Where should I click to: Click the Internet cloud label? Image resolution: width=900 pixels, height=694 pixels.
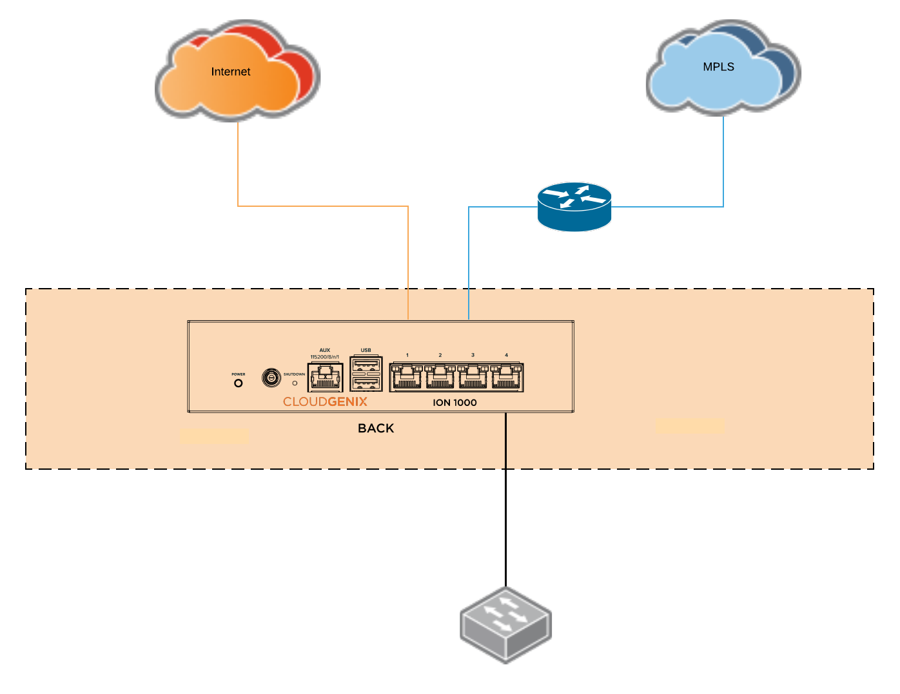click(x=230, y=72)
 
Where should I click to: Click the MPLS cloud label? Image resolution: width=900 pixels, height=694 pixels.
click(x=718, y=67)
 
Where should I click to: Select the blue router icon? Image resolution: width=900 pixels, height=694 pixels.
click(x=574, y=206)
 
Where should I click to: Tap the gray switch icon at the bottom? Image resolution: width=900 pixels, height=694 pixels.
click(x=506, y=624)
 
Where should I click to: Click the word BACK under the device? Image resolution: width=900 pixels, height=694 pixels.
click(x=376, y=429)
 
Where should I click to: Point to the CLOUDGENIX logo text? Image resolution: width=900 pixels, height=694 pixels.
click(x=325, y=402)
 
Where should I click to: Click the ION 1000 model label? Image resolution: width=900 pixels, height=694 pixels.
click(x=455, y=403)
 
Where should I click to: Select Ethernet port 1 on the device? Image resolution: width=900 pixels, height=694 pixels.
click(x=407, y=377)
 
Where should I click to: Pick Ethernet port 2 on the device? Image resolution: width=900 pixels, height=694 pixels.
click(x=440, y=377)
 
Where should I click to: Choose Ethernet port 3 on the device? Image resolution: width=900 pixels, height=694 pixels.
click(x=473, y=377)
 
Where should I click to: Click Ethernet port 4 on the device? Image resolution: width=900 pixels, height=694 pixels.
click(x=507, y=377)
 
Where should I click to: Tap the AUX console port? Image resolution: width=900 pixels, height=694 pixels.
click(x=325, y=377)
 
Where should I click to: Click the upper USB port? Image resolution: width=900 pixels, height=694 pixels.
click(x=366, y=365)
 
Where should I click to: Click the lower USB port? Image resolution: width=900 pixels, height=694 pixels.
click(x=366, y=383)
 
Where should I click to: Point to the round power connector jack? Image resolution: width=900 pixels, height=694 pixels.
click(x=271, y=377)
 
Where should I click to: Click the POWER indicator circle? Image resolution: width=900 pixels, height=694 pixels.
click(x=239, y=383)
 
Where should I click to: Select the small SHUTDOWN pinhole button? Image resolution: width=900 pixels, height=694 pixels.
click(x=295, y=383)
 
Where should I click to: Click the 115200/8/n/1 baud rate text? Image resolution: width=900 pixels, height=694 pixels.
click(x=324, y=357)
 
